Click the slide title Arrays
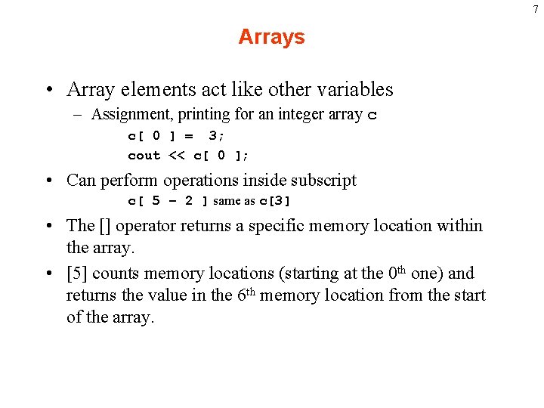271,37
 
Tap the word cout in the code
144,156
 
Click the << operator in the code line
177,156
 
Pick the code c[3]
275,201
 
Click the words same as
234,201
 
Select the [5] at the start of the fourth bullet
76,274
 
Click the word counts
115,274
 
